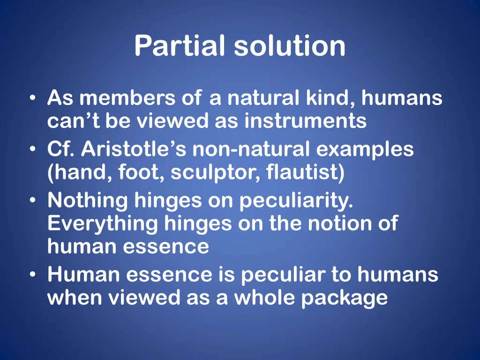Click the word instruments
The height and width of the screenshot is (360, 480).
[x=305, y=121]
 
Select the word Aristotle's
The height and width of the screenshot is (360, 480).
[x=134, y=150]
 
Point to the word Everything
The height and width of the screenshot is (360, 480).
[x=103, y=224]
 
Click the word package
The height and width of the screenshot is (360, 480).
[x=344, y=298]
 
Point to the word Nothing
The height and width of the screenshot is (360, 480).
[x=87, y=201]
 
